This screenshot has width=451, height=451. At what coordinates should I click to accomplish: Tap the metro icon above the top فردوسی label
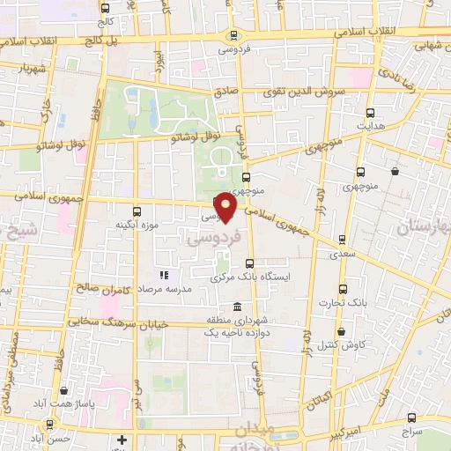[233, 36]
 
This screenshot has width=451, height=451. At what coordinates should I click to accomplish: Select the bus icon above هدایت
[370, 113]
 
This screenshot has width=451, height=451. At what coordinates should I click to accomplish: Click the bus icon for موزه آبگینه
[137, 211]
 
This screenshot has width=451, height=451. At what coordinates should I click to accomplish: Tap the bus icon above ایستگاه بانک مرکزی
[250, 262]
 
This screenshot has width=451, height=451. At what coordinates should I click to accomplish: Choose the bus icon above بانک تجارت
[343, 289]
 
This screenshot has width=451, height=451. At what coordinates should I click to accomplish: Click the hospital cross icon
[122, 439]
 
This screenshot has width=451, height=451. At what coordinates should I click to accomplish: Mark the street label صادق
[225, 91]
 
